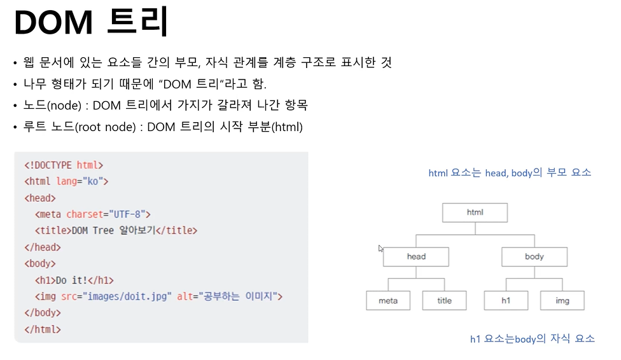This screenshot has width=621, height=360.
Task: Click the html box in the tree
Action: click(x=475, y=212)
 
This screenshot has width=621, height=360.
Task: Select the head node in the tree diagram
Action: click(x=416, y=257)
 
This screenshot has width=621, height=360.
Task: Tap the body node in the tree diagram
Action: click(x=534, y=257)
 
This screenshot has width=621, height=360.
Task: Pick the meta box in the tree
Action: click(x=388, y=301)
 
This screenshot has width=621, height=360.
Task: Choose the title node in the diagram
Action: click(x=444, y=301)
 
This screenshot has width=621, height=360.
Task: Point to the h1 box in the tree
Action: click(x=506, y=301)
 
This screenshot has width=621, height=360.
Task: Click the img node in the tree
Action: click(x=562, y=301)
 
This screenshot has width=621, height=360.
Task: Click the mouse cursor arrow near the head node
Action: click(x=381, y=249)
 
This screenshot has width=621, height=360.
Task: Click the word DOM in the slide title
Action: click(x=52, y=24)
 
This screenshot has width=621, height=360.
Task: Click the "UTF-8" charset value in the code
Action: click(x=129, y=214)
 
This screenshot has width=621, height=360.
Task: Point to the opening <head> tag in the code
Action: click(x=40, y=198)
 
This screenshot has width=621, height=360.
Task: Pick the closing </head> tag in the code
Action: click(x=43, y=247)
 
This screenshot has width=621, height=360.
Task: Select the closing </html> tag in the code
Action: click(x=43, y=329)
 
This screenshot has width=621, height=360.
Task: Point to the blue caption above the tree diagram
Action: click(x=510, y=172)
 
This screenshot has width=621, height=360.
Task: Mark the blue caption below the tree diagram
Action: click(x=532, y=339)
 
